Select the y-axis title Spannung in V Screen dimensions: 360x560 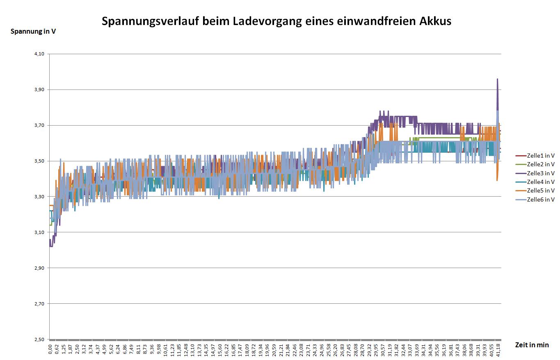(33, 31)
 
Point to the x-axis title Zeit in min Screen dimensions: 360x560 (532, 345)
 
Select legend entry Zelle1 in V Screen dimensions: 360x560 (540, 156)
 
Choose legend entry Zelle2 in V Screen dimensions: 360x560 (540, 164)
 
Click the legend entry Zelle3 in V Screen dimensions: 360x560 (540, 173)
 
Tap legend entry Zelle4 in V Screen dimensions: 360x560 (540, 182)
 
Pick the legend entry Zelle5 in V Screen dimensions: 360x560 (540, 191)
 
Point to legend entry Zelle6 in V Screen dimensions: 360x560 (540, 199)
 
